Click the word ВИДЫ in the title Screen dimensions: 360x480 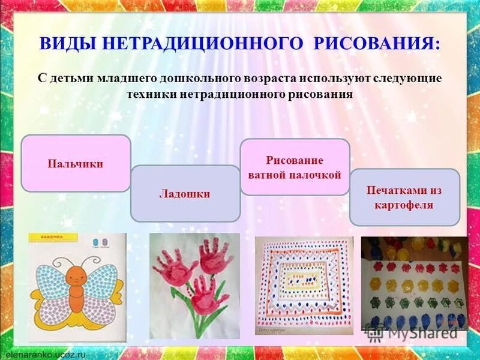pyautogui.click(x=67, y=44)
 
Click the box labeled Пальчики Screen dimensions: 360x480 pyautogui.click(x=76, y=164)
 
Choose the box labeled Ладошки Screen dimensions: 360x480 pyautogui.click(x=185, y=194)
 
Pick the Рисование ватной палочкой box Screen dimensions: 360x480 pyautogui.click(x=295, y=167)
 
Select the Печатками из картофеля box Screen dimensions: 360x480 pyautogui.click(x=404, y=197)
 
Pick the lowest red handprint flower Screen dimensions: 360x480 pyautogui.click(x=207, y=293)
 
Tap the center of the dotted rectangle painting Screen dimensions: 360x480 pyautogui.click(x=302, y=280)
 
